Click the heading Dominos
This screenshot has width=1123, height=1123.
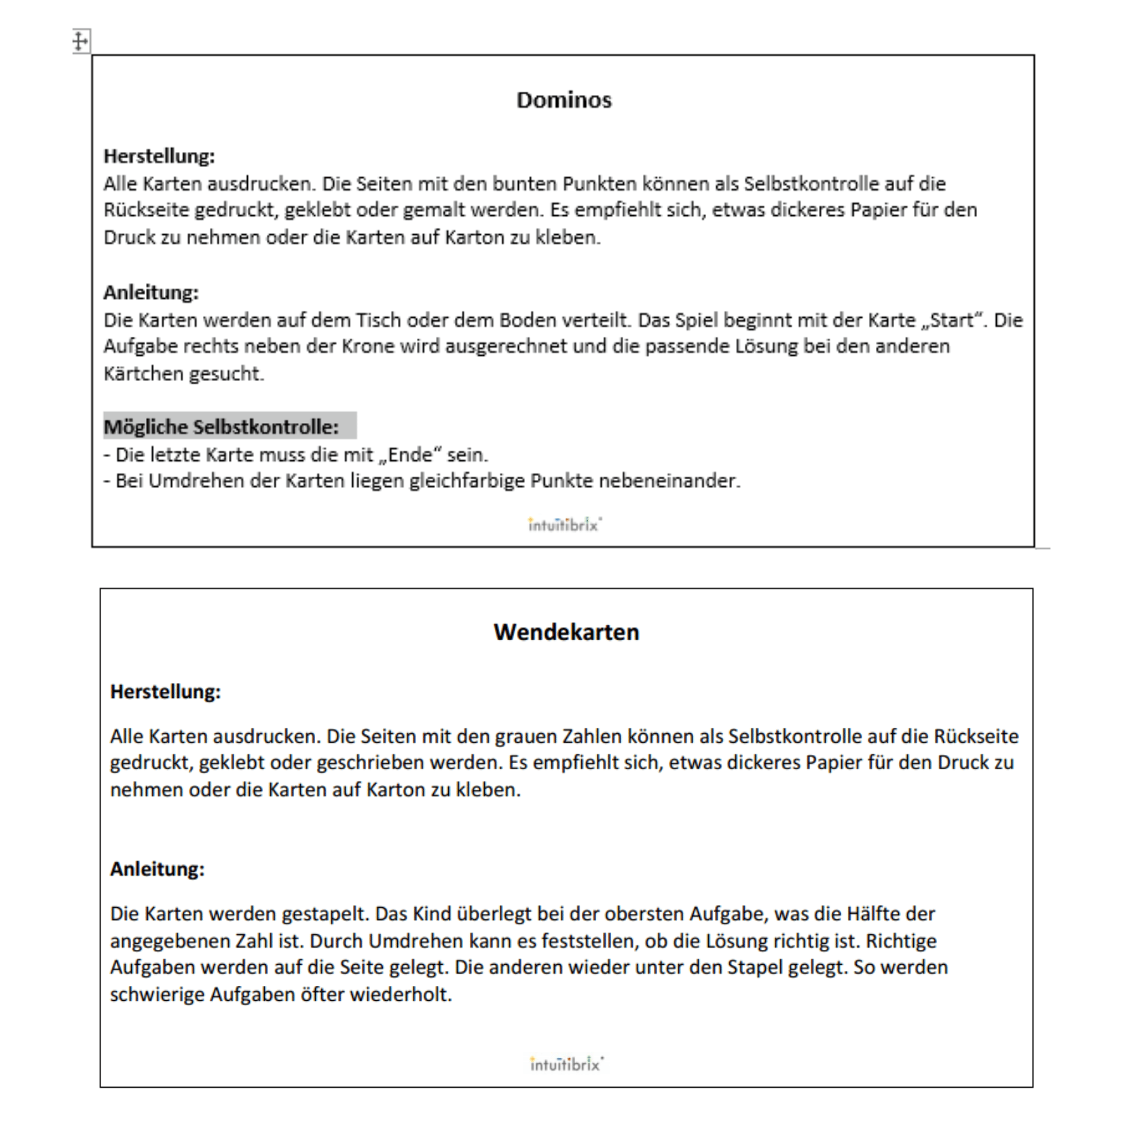(x=564, y=100)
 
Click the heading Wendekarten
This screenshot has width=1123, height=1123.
(x=566, y=632)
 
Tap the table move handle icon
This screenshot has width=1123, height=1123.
(x=80, y=41)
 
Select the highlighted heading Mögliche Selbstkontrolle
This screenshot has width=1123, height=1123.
(x=221, y=427)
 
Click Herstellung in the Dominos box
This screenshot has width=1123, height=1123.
(x=159, y=156)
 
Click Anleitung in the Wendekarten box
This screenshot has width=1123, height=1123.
(x=157, y=869)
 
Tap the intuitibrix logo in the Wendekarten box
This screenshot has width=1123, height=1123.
(x=566, y=1064)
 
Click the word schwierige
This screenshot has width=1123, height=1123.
(x=157, y=995)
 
